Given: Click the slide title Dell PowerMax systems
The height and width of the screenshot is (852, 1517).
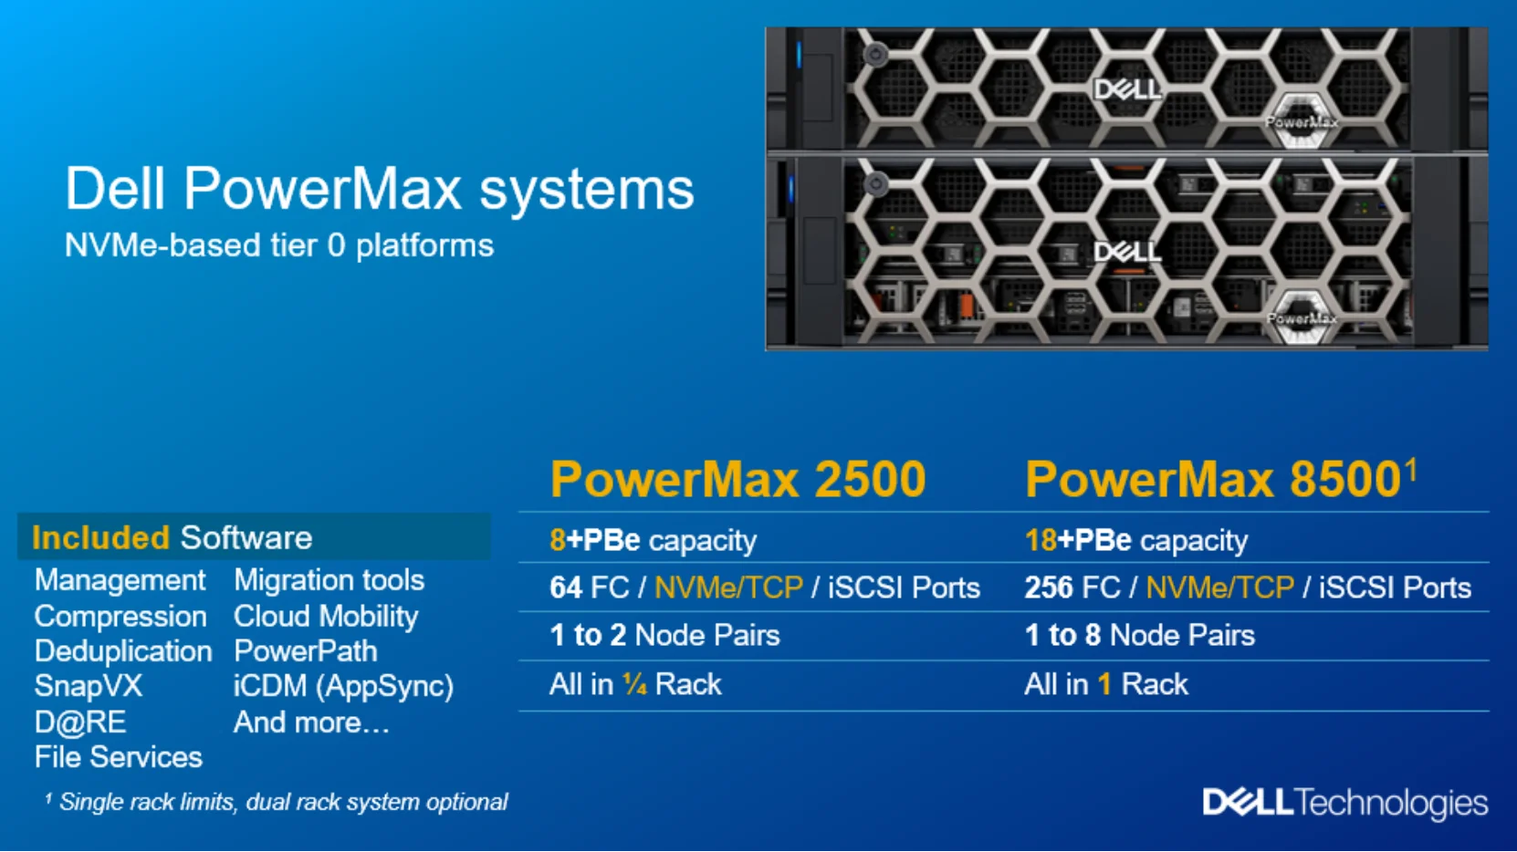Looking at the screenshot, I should click(x=379, y=189).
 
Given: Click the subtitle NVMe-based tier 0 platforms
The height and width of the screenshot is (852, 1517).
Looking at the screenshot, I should click(x=278, y=245).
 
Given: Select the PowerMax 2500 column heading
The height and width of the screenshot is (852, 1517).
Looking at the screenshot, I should click(x=738, y=479).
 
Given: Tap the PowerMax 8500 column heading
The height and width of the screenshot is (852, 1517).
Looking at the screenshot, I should click(x=1213, y=479).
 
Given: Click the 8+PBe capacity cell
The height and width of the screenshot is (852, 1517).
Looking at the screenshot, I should click(x=653, y=540).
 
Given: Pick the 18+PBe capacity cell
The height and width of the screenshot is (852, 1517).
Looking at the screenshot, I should click(x=1135, y=540).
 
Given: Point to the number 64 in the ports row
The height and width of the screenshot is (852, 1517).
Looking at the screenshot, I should click(x=566, y=587).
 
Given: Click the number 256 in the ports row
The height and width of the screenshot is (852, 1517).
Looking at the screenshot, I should click(x=1048, y=587).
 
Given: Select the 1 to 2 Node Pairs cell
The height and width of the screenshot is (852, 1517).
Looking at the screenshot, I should click(x=664, y=635).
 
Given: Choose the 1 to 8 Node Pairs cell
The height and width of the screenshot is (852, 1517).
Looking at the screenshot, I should click(x=1139, y=635).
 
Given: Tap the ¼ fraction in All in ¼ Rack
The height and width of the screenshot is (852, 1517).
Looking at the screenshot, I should click(x=634, y=684).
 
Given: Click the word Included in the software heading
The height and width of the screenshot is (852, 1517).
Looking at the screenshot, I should click(x=100, y=538).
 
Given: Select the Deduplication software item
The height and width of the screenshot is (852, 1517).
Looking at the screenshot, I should click(x=123, y=651).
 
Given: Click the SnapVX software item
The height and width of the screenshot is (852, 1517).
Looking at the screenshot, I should click(x=89, y=686).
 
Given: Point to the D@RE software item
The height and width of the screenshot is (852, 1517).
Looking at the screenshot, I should click(x=80, y=722).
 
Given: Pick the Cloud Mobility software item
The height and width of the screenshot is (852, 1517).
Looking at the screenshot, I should click(x=326, y=617).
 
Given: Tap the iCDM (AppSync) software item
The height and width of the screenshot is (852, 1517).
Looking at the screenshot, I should click(x=343, y=686).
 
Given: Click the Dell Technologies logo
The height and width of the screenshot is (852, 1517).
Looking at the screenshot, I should click(x=1344, y=803).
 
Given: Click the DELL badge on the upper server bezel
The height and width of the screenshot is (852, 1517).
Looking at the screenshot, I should click(x=1127, y=89).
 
